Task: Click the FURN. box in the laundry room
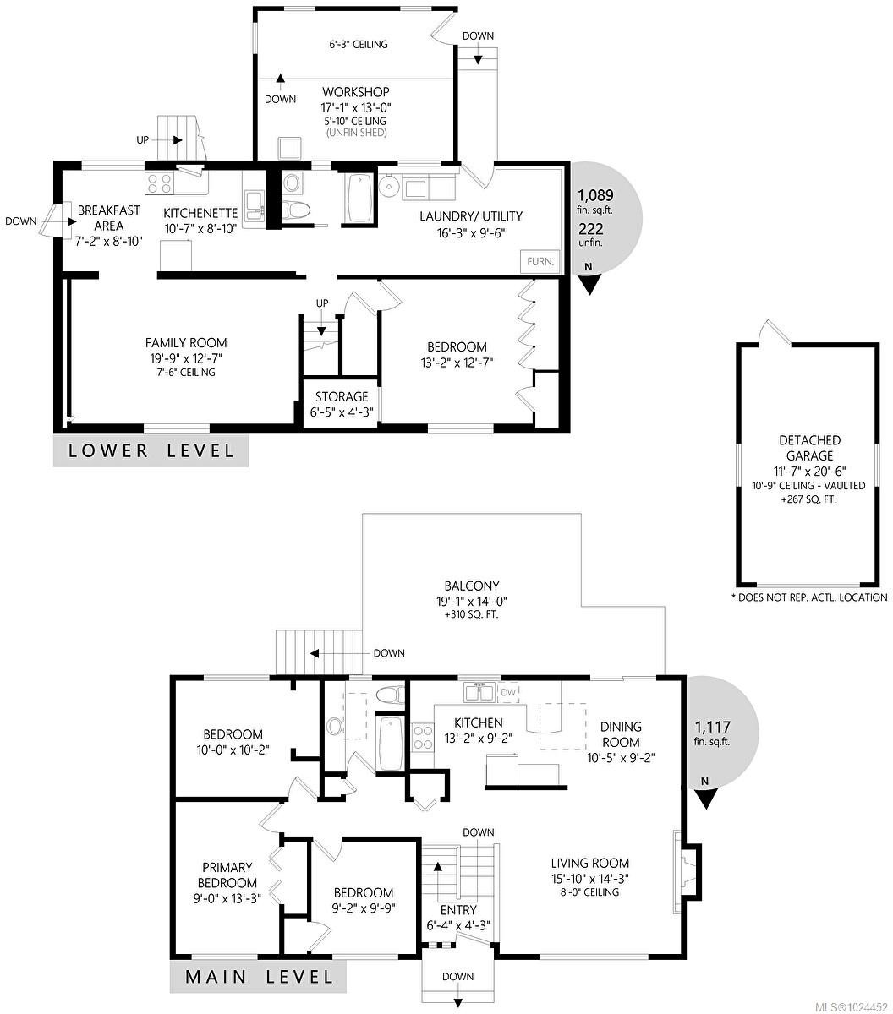540,261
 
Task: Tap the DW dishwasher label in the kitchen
507,693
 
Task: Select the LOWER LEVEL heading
151,450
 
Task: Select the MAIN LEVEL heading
259,977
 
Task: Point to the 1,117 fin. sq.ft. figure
713,733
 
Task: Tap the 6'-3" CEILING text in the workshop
359,44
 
